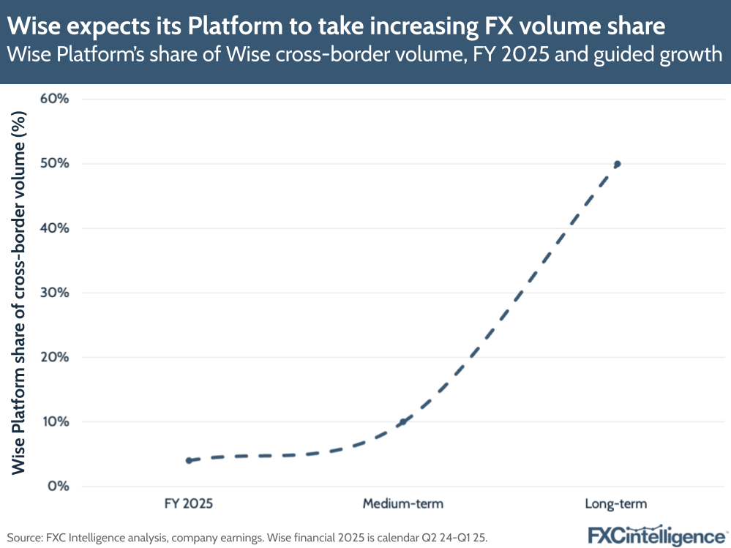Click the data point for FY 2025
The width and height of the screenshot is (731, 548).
(x=189, y=460)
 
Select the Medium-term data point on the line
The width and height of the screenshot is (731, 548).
(x=402, y=421)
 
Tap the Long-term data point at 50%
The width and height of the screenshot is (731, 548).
(x=617, y=164)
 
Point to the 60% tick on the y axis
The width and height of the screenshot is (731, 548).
(x=55, y=99)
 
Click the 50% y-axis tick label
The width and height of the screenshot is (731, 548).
(x=55, y=163)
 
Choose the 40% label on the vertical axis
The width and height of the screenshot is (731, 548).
(x=55, y=228)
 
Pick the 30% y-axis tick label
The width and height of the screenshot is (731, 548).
(x=55, y=293)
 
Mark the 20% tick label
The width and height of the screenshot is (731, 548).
(x=55, y=357)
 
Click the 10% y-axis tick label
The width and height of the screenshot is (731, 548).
(x=55, y=421)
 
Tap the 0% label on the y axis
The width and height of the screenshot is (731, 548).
(x=59, y=486)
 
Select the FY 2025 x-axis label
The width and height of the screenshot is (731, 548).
(x=189, y=503)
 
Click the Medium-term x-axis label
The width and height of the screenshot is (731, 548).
(x=402, y=503)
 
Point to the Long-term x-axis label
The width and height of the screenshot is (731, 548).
(x=616, y=503)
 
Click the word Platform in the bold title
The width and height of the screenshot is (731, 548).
(x=227, y=27)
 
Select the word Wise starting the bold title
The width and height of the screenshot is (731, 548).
(x=34, y=27)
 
